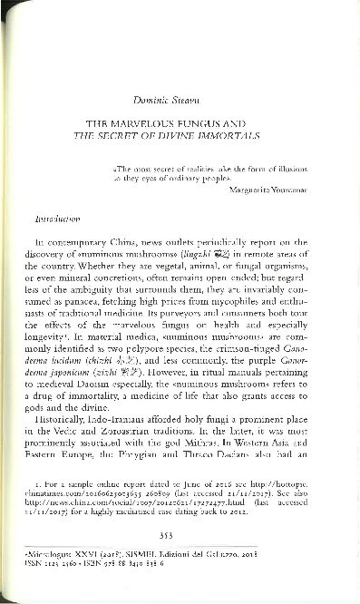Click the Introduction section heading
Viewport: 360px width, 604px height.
pos(59,219)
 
